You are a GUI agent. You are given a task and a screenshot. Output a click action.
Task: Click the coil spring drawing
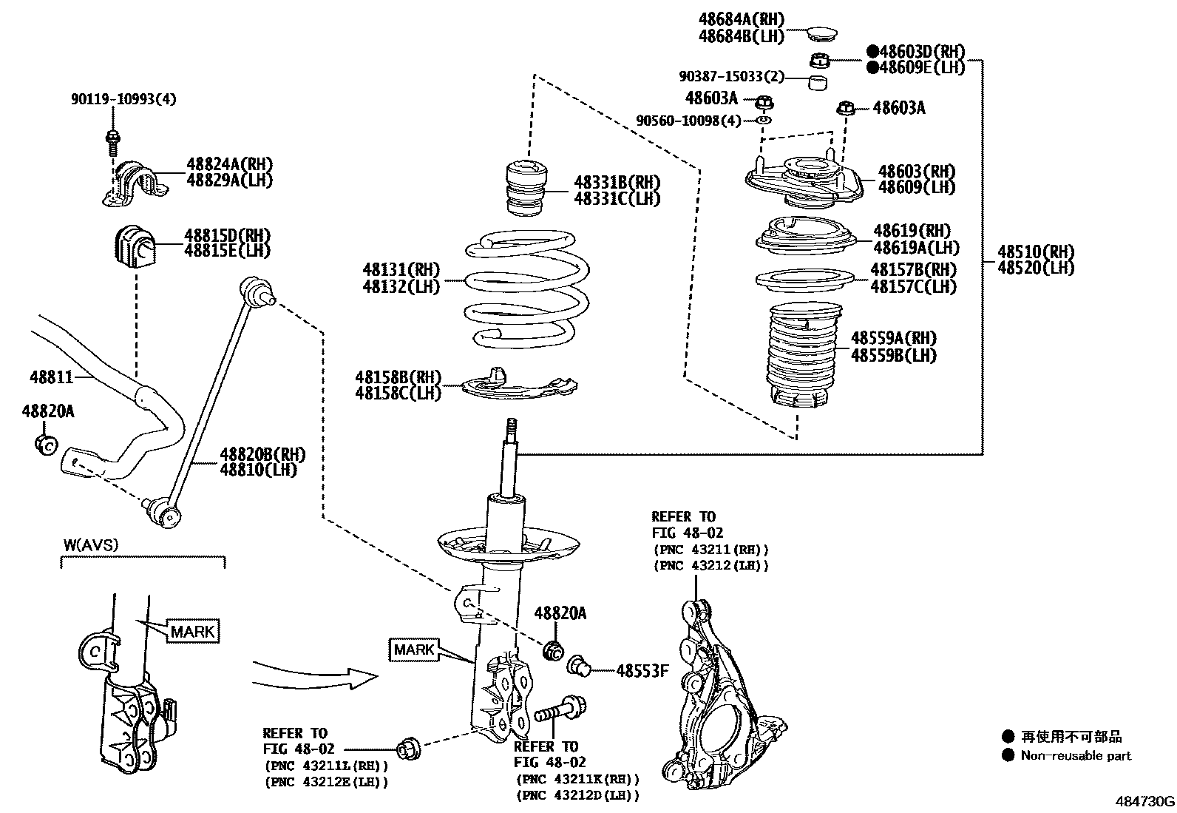click(x=526, y=290)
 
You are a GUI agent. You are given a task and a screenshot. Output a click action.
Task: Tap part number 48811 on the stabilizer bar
click(x=52, y=377)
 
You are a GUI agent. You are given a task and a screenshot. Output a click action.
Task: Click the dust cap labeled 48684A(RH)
click(x=818, y=33)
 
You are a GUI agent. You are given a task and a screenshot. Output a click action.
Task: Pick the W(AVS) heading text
click(x=90, y=545)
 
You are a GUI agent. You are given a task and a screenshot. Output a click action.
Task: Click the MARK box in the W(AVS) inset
click(x=193, y=631)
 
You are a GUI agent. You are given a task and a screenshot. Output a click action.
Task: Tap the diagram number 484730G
click(x=1144, y=801)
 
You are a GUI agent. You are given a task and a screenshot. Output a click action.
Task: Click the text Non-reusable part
click(x=1076, y=755)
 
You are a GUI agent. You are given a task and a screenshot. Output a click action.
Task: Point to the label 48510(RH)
click(x=1036, y=251)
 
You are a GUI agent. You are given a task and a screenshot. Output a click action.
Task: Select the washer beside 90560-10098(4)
click(x=764, y=120)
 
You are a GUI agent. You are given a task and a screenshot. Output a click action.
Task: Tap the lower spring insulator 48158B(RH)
click(x=518, y=384)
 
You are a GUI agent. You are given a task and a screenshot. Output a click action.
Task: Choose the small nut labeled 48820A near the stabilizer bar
click(x=46, y=444)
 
